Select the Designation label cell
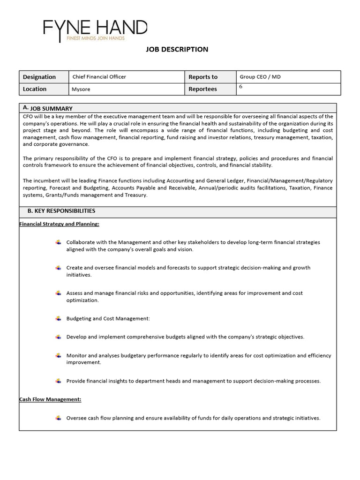[39, 77]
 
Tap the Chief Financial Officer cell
[99, 77]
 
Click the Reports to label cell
[203, 77]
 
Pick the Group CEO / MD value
[260, 77]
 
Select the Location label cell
[35, 89]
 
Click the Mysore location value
[81, 89]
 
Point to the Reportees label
[202, 89]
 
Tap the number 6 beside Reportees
[241, 87]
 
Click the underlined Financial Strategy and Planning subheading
[59, 224]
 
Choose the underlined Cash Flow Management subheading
[50, 399]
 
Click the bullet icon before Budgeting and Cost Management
[58, 319]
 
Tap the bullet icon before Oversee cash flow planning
[58, 418]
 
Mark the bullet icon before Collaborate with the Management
[58, 242]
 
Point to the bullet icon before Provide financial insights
[58, 381]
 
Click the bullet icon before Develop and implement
[58, 337]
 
